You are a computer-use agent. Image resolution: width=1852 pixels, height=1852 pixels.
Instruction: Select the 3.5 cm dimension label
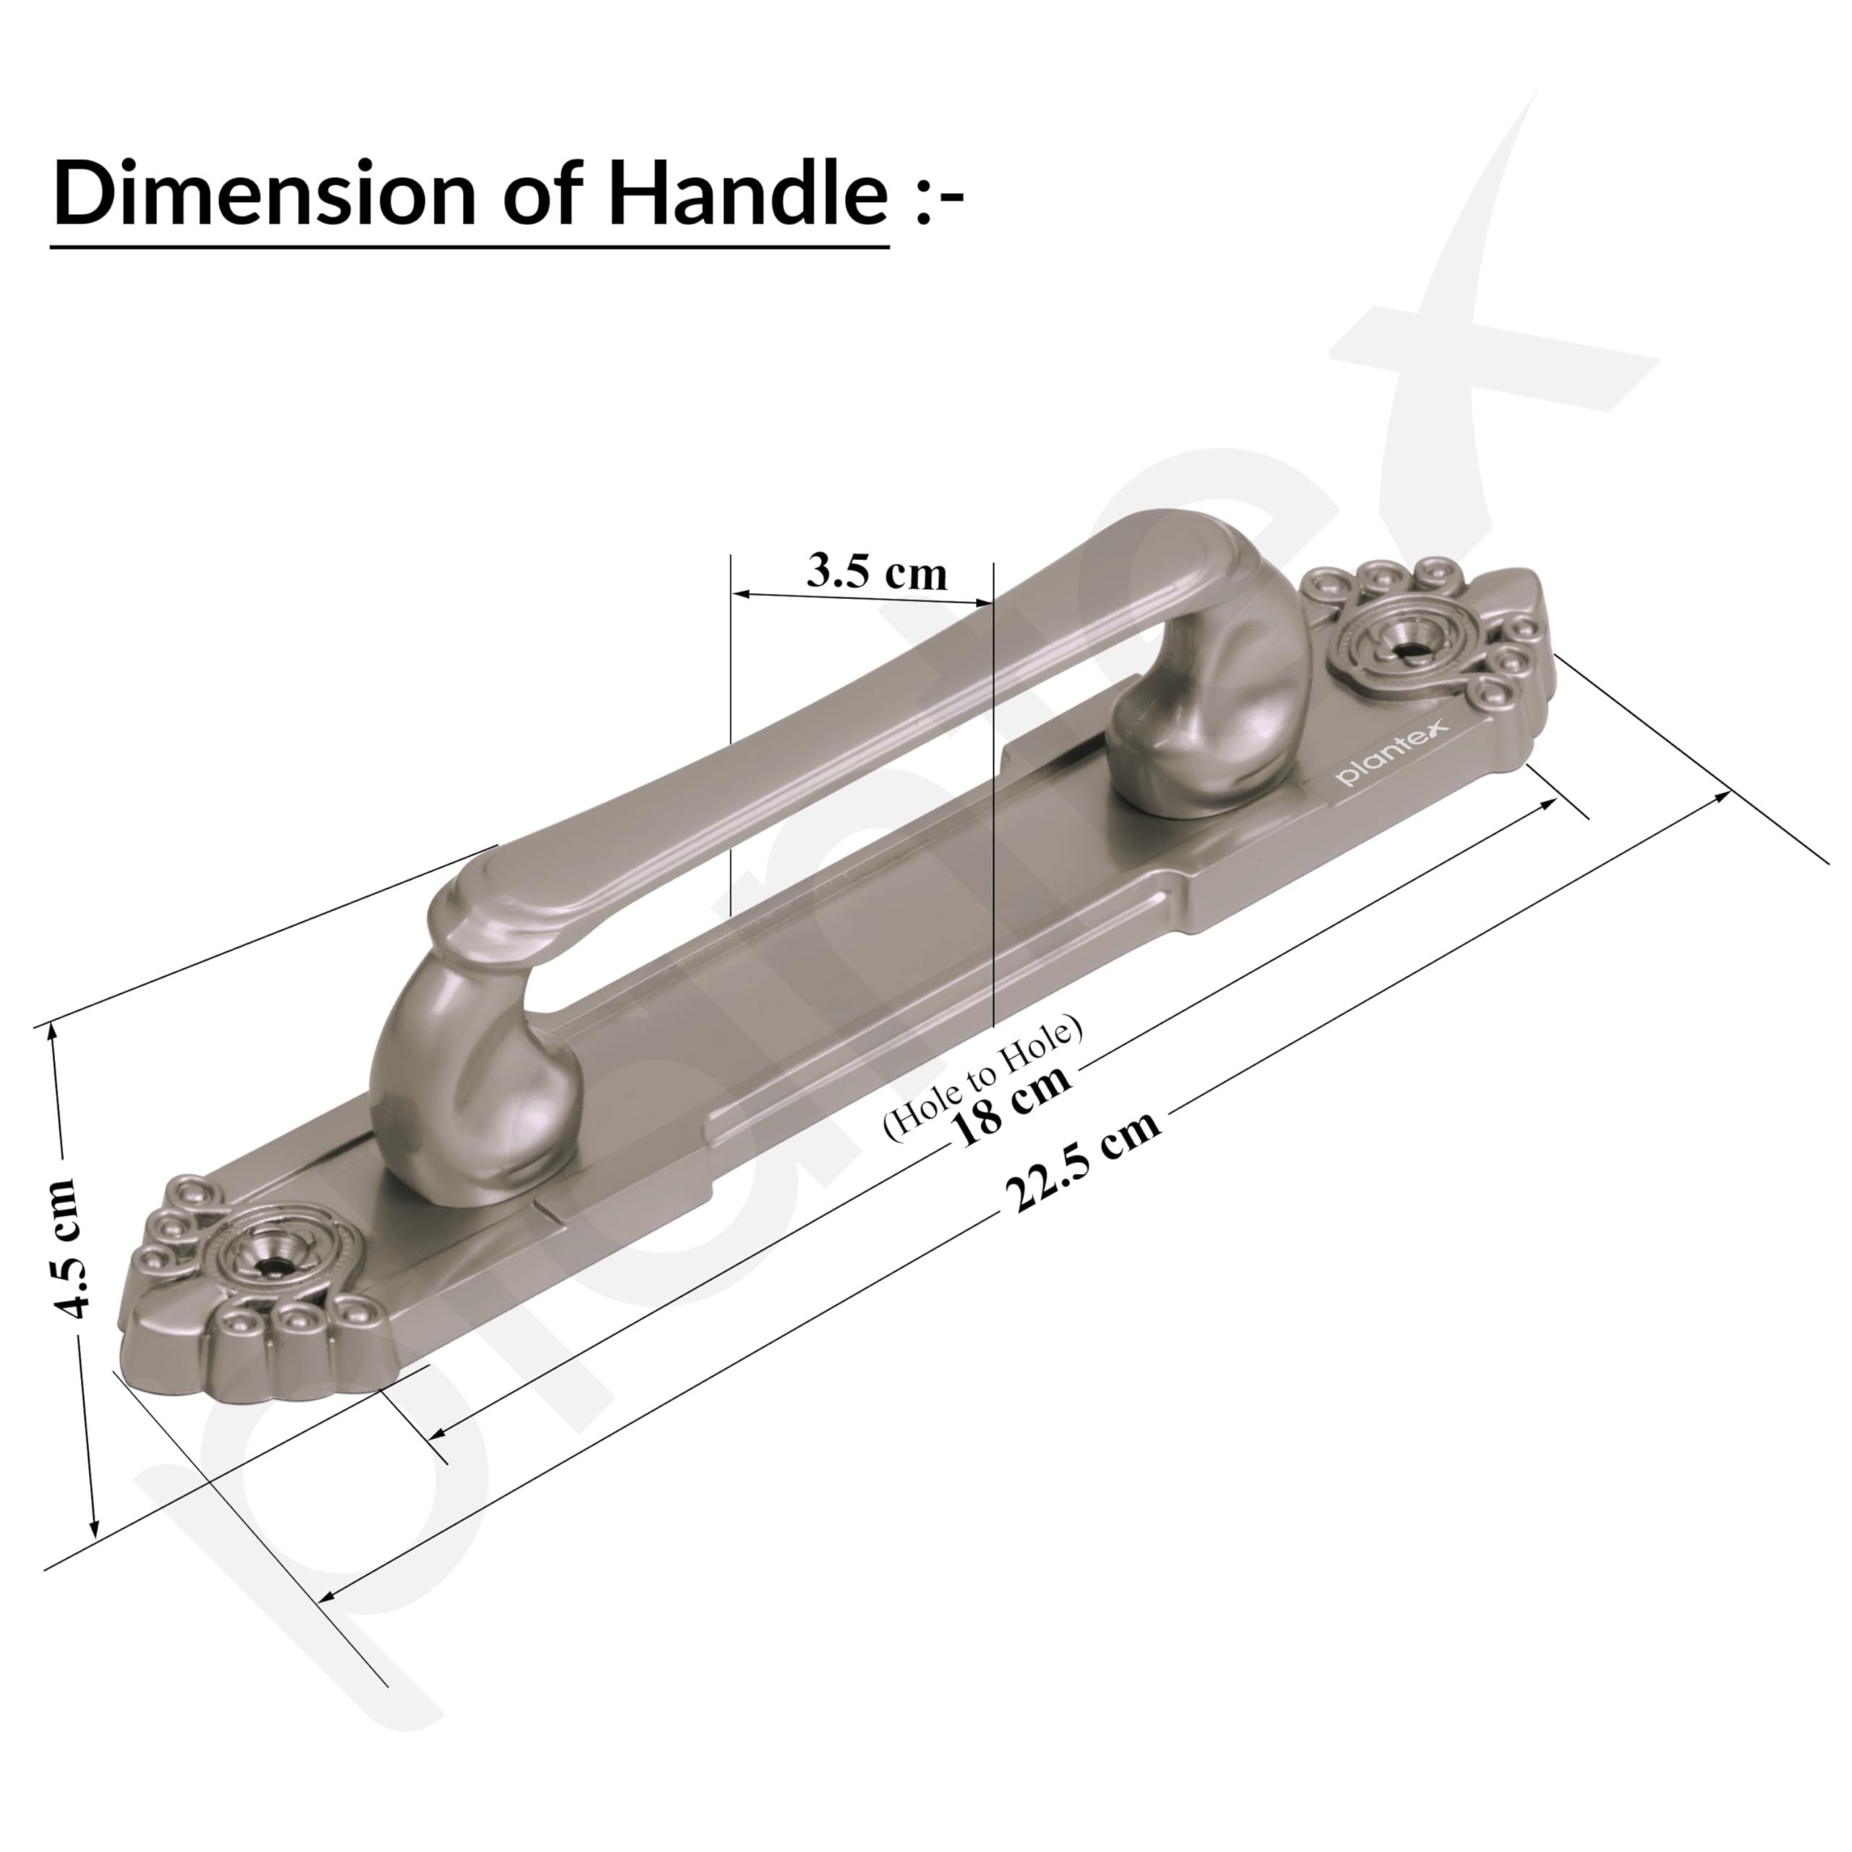pos(876,572)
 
